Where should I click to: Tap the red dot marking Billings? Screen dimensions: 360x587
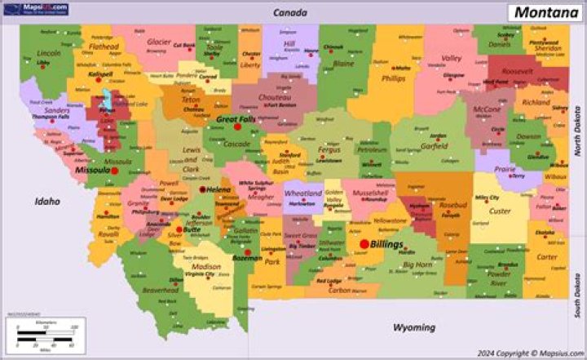(x=364, y=243)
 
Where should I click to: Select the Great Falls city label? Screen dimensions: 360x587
(x=236, y=119)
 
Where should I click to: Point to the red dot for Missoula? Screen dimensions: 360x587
(x=115, y=171)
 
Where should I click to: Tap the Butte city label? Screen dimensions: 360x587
(x=192, y=229)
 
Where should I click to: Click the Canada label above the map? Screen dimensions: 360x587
(x=289, y=13)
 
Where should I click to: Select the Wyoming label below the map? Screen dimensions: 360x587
(x=414, y=327)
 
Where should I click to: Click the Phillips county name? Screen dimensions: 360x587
(x=392, y=79)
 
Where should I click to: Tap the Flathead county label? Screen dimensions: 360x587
(x=104, y=47)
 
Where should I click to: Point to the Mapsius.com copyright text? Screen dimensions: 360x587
(x=536, y=353)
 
